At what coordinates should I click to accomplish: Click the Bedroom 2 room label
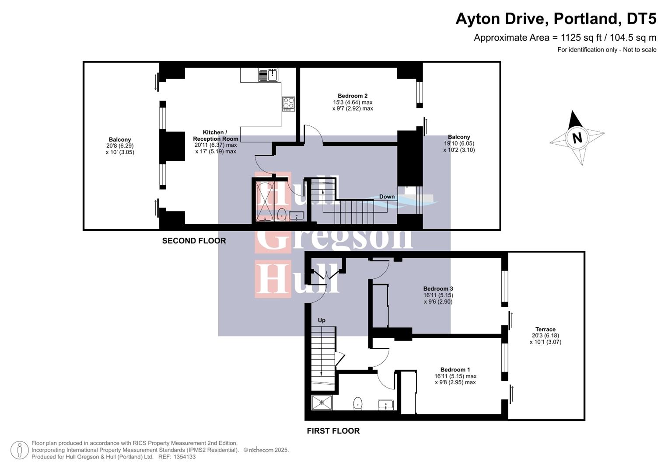(353, 96)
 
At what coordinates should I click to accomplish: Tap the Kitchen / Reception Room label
(215, 135)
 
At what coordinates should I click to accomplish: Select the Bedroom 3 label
(438, 288)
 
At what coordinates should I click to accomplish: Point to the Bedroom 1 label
(455, 369)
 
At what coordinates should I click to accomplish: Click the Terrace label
(545, 330)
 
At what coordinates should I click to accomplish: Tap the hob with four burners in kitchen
(288, 104)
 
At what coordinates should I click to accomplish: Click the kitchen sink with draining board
(268, 75)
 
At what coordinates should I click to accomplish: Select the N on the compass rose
(577, 138)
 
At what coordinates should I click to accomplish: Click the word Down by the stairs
(387, 197)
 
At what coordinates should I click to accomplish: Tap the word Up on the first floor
(322, 320)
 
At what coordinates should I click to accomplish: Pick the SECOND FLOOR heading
(194, 241)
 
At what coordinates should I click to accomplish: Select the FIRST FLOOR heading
(333, 431)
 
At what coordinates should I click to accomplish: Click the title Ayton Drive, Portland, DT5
(556, 19)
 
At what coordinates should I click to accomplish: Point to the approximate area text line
(565, 38)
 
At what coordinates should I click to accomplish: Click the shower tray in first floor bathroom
(322, 403)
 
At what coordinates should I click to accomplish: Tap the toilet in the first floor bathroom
(358, 403)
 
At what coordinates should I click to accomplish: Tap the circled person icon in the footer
(19, 450)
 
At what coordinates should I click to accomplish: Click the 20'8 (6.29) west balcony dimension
(120, 146)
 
